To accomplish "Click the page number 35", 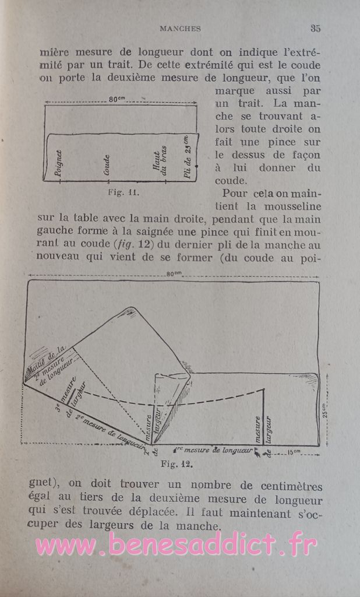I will point(316,28).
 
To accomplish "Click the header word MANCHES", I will point(180,29).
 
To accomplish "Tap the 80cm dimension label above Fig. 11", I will point(118,100).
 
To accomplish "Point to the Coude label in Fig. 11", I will point(107,165).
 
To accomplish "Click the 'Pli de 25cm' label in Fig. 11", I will point(187,157).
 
